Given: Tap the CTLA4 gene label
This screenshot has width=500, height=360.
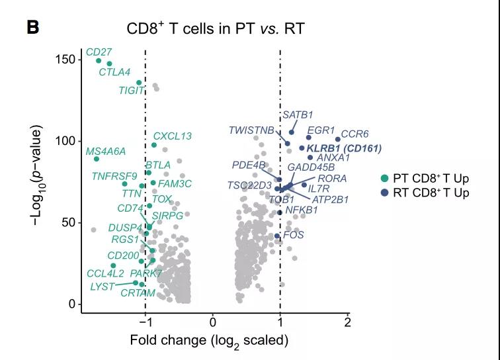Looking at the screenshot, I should coord(114,72).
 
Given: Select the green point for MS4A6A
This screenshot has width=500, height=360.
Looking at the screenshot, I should coord(97,159).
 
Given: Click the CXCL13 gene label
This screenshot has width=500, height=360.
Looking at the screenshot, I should coord(172,136).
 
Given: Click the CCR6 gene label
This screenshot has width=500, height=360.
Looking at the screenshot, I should coord(354,134).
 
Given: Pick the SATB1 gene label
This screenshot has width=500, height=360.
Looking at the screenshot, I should coord(298,115).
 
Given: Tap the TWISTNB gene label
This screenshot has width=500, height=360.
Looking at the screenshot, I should coord(251,130).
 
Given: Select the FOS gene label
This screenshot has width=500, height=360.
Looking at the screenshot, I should coord(293,235).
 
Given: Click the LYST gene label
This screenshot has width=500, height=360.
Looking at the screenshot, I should coord(103,287).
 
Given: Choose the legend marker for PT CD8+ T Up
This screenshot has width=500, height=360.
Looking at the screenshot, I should coord(384,179).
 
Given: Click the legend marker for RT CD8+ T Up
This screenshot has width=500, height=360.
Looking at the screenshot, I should coord(384,193).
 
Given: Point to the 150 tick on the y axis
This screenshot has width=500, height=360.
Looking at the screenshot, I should coord(64,60).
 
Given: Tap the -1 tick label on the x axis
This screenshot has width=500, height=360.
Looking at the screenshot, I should coord(144,322).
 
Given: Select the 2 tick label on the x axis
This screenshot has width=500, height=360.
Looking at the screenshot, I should coord(347,322).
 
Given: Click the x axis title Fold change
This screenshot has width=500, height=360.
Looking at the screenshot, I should coord(209,341).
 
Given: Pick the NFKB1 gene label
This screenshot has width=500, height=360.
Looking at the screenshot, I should coord(302,210).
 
